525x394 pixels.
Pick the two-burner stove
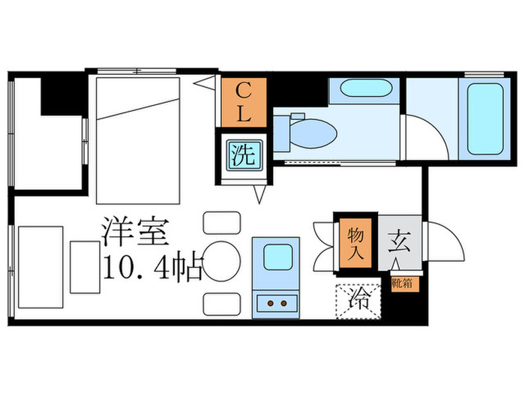[276, 302]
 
